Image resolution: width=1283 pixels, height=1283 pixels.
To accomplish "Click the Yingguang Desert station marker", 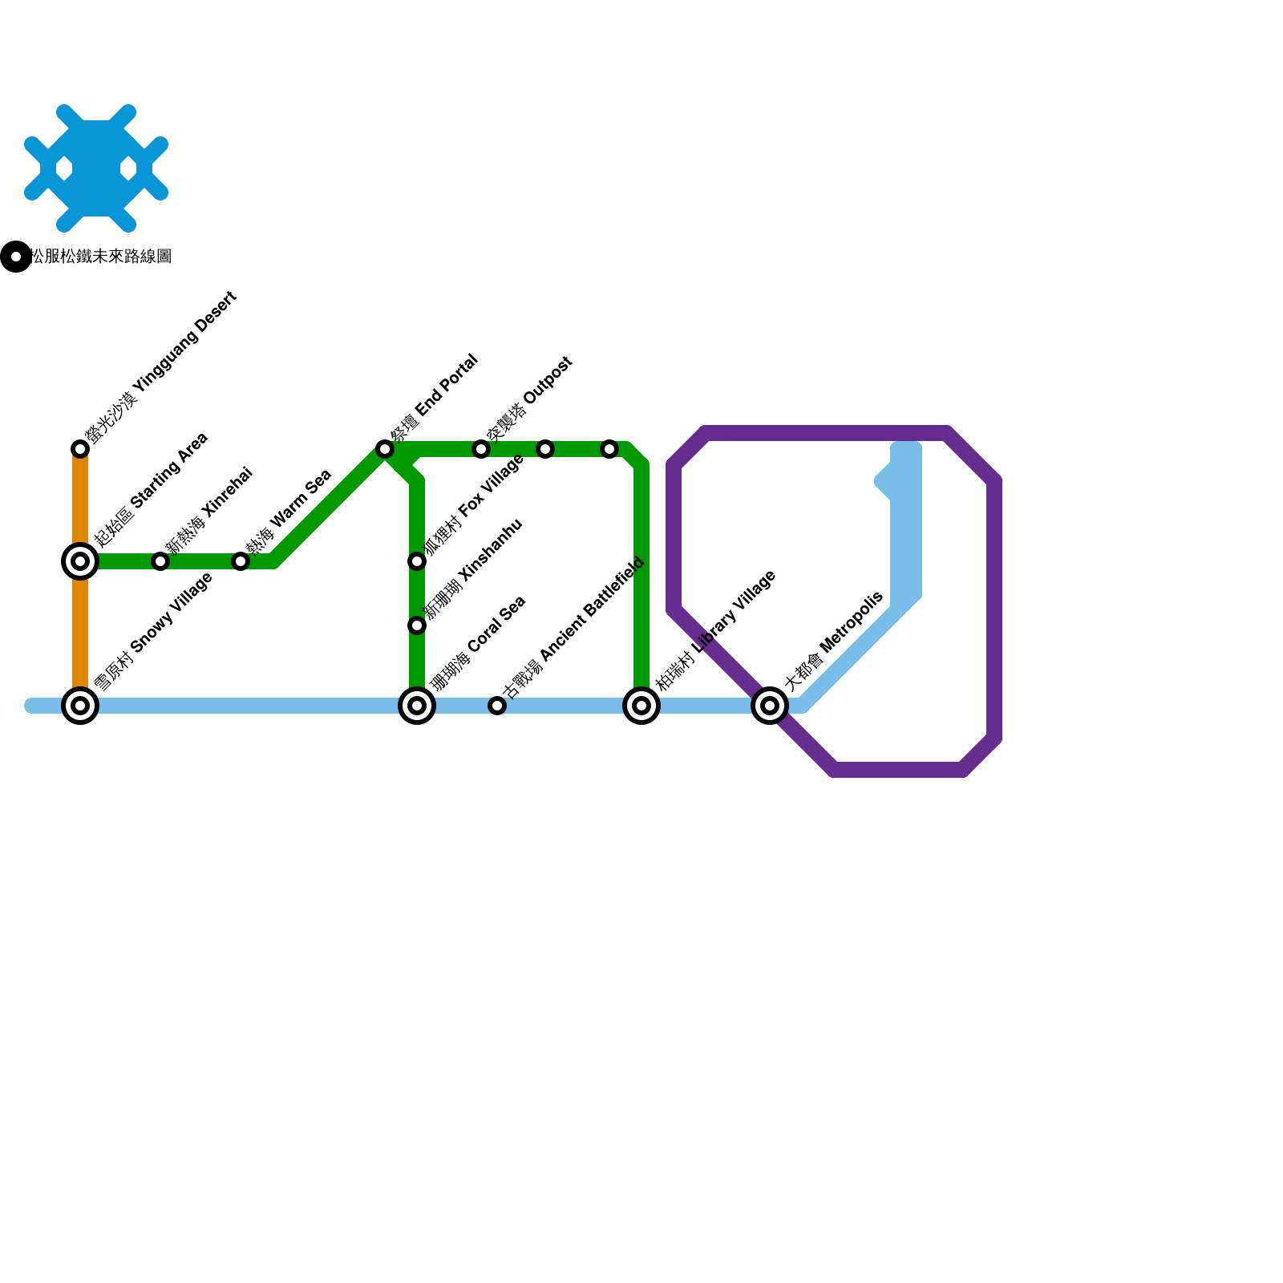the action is [80, 449].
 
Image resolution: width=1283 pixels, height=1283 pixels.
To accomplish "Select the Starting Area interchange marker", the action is [80, 561].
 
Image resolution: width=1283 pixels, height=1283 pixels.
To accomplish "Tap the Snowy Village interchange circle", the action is [80, 706].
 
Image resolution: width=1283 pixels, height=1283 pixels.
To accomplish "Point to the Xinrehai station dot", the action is [160, 561].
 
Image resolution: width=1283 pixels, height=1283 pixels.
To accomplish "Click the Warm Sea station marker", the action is [241, 561].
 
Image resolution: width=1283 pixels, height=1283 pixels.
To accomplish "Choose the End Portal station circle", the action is [385, 449].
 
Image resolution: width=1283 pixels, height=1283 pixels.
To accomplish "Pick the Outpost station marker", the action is [481, 449].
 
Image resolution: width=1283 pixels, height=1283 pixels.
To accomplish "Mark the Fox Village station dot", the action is [417, 561].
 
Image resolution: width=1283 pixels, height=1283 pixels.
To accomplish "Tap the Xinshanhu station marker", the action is [417, 625].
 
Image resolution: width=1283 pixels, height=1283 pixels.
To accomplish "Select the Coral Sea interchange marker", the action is [417, 706].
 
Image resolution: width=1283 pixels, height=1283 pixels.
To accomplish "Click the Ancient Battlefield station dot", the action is [497, 706].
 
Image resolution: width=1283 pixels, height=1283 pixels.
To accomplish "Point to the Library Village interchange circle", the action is [641, 706].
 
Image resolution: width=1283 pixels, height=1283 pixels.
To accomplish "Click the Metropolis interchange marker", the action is [770, 706].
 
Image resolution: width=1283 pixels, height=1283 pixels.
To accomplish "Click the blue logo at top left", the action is [96, 168].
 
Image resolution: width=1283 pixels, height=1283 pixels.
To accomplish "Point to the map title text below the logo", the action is [101, 257].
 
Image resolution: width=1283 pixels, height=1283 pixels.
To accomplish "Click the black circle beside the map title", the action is [15, 257].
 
